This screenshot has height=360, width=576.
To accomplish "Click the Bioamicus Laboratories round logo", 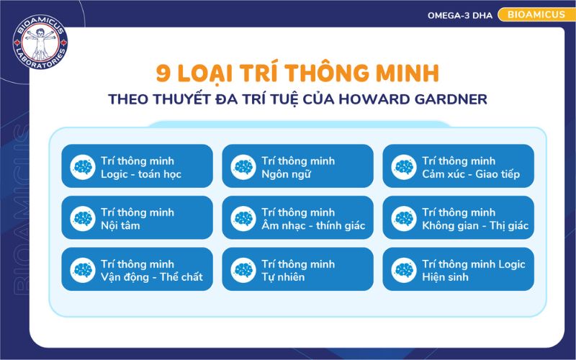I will click(x=40, y=40).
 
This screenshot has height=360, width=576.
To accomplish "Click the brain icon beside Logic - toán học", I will click(x=83, y=167).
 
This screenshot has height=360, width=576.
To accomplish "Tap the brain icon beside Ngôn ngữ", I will click(x=243, y=167).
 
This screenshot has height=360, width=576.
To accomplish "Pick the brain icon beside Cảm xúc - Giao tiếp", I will click(x=404, y=167).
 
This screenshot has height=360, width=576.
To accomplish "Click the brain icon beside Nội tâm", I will click(x=83, y=219).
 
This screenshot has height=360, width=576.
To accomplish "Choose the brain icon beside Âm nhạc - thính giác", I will click(x=243, y=219).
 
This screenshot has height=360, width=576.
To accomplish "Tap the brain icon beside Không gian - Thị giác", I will click(x=404, y=219).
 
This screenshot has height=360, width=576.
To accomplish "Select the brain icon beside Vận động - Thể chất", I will click(x=83, y=270).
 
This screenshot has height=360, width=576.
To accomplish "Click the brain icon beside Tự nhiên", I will click(x=243, y=270).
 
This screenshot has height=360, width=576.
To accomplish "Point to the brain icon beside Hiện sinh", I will click(x=404, y=270).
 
